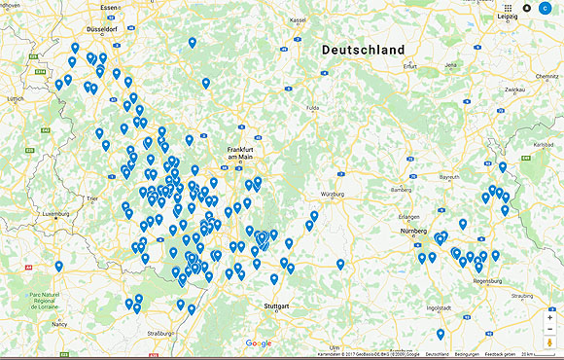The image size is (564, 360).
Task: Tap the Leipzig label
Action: point(508,17)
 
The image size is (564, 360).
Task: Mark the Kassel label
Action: point(298,19)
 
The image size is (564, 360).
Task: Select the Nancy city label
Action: point(60,324)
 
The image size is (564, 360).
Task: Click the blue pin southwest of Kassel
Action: point(193,43)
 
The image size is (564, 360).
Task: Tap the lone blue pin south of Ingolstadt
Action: point(441,334)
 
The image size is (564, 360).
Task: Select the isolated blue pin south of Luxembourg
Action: point(58,266)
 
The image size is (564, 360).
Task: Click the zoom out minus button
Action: point(550,328)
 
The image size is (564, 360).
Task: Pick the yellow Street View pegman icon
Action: point(550,342)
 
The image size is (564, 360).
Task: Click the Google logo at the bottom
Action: point(259,342)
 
